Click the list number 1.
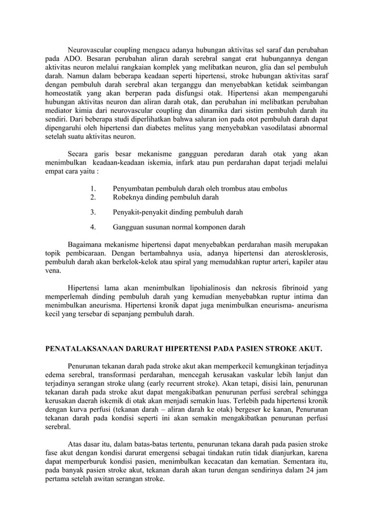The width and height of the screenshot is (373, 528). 94,189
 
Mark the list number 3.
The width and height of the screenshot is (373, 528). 94,212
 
